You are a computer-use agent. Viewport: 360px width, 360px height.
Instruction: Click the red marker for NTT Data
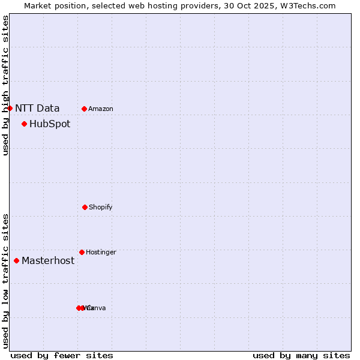10,108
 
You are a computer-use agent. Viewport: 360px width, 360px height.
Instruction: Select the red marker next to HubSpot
24,124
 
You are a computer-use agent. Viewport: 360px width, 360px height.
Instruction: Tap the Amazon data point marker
84,109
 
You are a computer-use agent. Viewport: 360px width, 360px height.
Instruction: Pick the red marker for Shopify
85,207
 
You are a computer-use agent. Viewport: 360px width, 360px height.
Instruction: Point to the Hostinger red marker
82,252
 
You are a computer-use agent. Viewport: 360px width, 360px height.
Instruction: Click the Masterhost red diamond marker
16,260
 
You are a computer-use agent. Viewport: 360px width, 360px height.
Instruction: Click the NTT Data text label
37,108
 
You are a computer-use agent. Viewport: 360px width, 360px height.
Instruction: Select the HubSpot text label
50,124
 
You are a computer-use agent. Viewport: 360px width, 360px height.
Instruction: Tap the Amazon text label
101,109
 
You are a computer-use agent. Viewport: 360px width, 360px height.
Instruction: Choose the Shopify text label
101,207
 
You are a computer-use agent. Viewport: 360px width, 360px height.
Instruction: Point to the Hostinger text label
101,252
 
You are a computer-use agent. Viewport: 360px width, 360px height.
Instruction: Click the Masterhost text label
48,260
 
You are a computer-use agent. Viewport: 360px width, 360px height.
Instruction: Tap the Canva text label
97,308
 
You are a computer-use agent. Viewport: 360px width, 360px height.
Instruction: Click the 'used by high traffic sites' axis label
5,85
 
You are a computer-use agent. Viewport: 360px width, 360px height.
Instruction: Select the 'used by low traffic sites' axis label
5,281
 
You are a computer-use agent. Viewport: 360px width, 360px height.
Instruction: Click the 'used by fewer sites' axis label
62,355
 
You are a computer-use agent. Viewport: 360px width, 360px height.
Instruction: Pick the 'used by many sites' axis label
301,355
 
